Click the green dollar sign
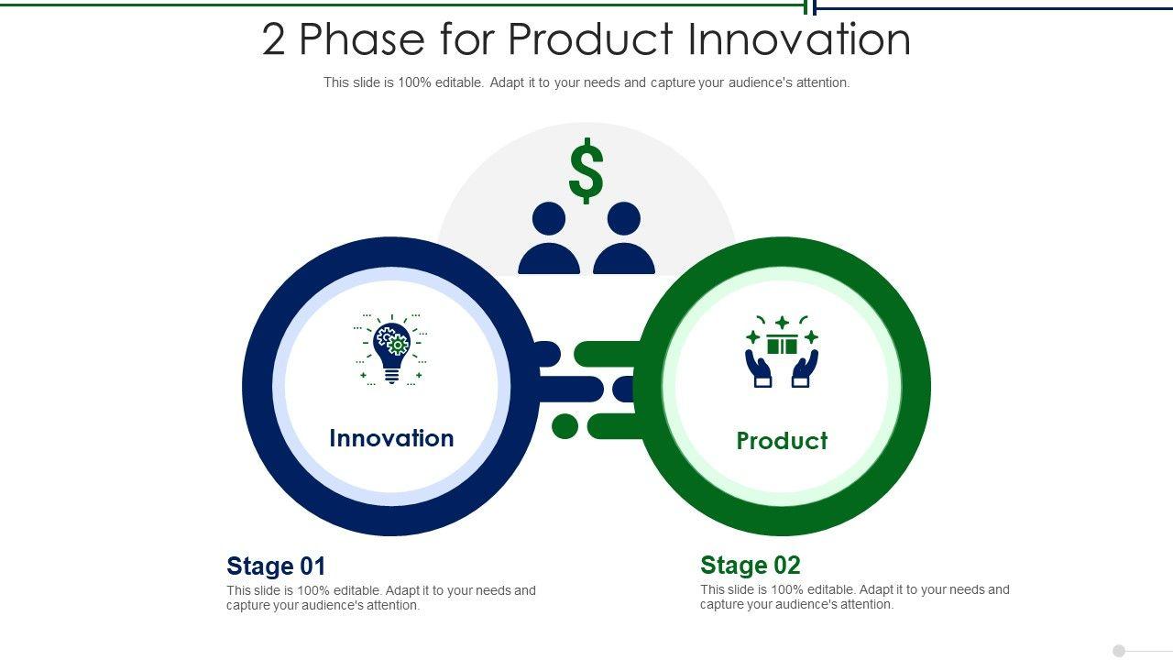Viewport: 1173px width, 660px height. coord(586,170)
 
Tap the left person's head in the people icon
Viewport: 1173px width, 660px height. coord(549,218)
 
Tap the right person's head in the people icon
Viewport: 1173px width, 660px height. coord(624,218)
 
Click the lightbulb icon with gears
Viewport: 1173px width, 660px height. coord(391,350)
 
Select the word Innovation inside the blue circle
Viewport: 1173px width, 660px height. coord(391,438)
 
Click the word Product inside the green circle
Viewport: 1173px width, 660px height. coord(782,441)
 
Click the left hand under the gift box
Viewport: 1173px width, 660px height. coord(758,368)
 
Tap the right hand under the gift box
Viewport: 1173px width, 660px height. coord(806,368)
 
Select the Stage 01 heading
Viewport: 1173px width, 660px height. coord(276,566)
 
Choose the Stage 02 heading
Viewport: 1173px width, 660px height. coord(751,565)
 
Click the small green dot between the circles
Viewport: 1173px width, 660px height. coord(565,426)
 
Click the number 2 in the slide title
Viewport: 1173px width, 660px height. coord(273,39)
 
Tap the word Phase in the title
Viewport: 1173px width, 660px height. coord(362,38)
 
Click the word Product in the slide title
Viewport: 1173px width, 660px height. coord(590,38)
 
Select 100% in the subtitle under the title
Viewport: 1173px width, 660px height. coord(414,82)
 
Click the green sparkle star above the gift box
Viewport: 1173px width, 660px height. coord(783,323)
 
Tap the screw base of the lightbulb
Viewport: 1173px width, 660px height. coord(391,376)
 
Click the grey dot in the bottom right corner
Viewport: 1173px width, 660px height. coord(1119,651)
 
